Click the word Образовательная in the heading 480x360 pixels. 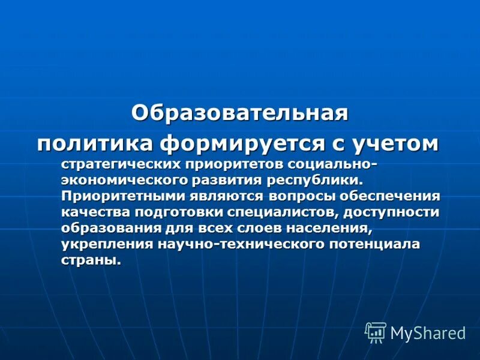point(239,112)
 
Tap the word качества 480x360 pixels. point(95,212)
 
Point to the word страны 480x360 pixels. point(91,261)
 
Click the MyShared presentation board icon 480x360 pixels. point(375,332)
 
